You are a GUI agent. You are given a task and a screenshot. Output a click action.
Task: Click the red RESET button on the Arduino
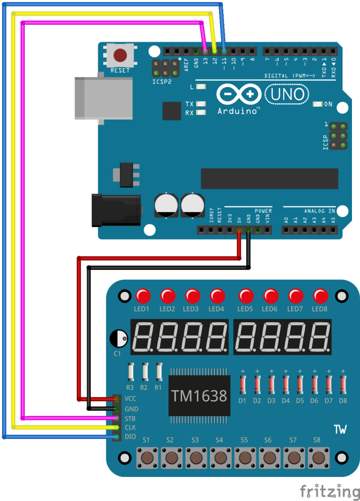point(120,55)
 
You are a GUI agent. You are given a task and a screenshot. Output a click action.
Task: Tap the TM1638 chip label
point(200,396)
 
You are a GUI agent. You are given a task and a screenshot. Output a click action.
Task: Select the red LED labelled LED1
point(142,295)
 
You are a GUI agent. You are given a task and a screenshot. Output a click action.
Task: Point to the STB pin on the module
point(116,418)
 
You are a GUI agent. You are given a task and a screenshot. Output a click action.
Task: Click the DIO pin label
point(130,437)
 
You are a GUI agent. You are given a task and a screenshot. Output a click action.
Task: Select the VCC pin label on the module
point(130,399)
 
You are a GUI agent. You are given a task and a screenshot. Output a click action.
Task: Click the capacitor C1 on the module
point(118,339)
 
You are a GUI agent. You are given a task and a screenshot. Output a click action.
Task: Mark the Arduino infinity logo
point(238,94)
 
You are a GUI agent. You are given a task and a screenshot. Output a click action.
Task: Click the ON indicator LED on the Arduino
point(317,104)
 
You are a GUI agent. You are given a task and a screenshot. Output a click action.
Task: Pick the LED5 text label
point(245,309)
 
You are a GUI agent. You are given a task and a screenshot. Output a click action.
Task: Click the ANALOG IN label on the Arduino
point(319,211)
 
